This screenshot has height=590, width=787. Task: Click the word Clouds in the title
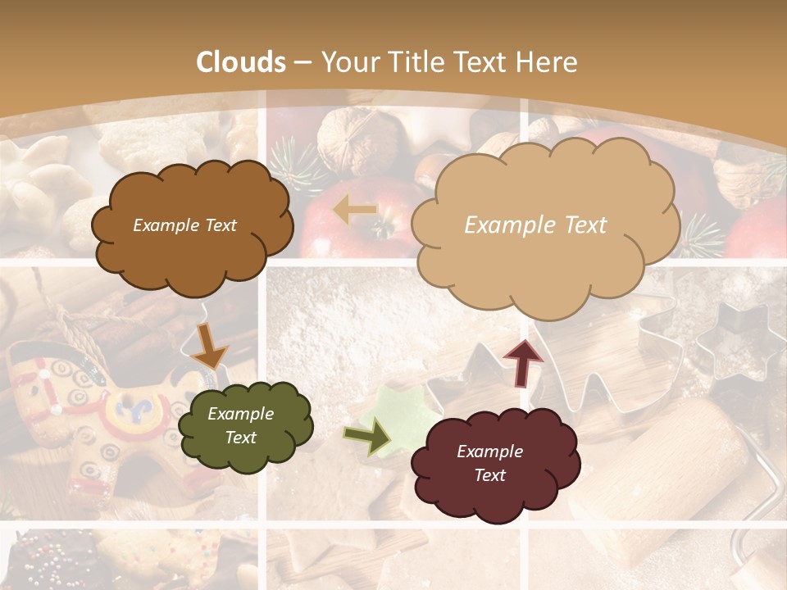[241, 62]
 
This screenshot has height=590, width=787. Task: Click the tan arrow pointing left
[355, 210]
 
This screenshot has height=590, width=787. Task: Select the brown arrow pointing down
[209, 346]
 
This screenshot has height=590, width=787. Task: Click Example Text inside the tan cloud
[535, 225]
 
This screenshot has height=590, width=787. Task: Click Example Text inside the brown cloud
[184, 225]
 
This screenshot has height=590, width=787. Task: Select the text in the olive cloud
[240, 425]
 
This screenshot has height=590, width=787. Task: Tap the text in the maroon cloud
[489, 463]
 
